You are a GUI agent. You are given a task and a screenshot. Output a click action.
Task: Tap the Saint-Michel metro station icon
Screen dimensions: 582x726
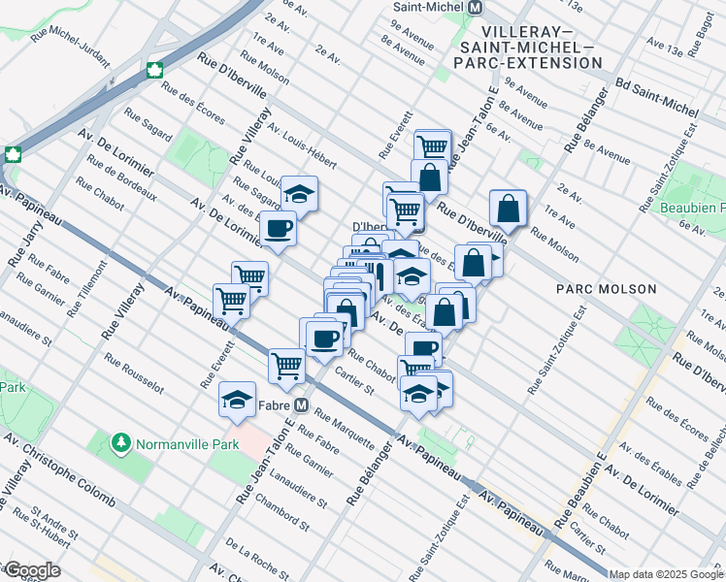[476, 7]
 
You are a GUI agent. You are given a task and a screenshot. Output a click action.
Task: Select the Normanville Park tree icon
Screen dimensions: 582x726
[121, 444]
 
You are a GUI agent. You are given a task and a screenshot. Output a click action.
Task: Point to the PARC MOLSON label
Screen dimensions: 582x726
[607, 289]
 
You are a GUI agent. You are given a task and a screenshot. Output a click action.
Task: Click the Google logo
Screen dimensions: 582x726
[32, 570]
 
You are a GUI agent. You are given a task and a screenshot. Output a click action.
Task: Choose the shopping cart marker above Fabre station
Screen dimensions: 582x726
[288, 365]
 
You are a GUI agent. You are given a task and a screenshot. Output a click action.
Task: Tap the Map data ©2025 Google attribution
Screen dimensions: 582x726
[667, 574]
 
